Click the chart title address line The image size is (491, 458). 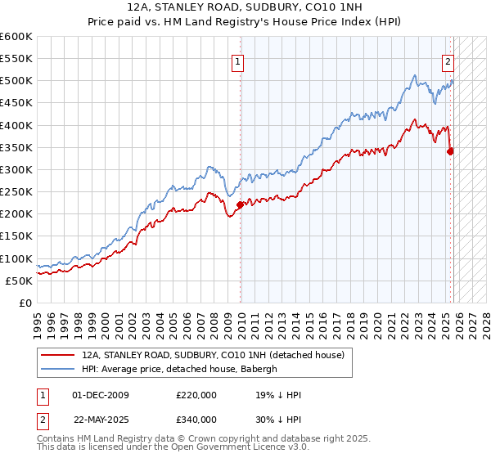click(245, 7)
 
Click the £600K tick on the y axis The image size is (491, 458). click(16, 37)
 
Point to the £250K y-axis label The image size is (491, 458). click(16, 191)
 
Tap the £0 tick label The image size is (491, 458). click(26, 303)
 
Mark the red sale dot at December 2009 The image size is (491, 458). click(240, 205)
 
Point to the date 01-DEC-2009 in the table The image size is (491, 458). click(99, 395)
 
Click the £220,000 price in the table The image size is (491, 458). click(196, 395)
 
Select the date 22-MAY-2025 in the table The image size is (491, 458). click(100, 420)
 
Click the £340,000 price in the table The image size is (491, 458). click(196, 420)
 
